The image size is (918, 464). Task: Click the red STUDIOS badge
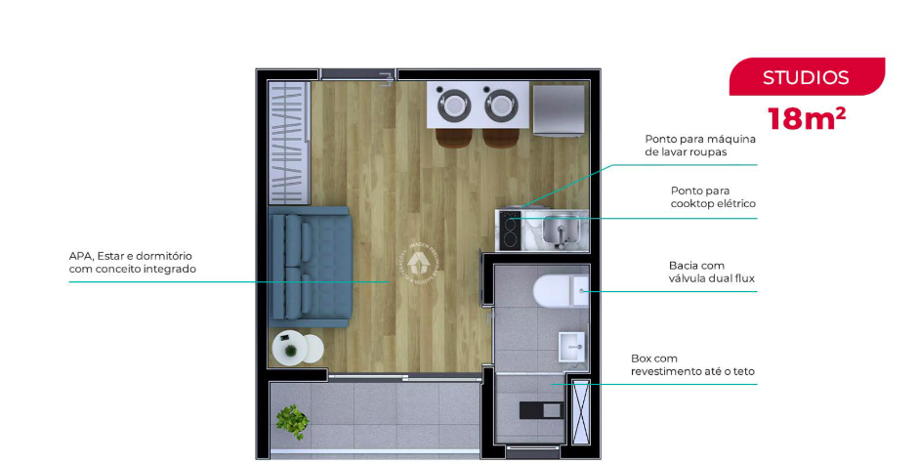(x=806, y=77)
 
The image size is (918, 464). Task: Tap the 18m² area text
(x=806, y=119)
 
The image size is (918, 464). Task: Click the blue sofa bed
(x=309, y=267)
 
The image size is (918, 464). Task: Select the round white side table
(x=297, y=348)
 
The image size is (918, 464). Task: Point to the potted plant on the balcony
(x=291, y=421)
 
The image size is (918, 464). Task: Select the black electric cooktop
(x=509, y=231)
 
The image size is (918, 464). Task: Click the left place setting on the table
(x=453, y=103)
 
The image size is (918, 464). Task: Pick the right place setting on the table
(x=502, y=103)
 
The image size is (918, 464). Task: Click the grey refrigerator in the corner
(x=560, y=108)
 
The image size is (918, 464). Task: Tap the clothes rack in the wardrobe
(x=288, y=142)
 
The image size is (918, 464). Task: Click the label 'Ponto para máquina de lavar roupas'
(x=699, y=146)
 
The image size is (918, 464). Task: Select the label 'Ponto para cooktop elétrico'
(x=713, y=197)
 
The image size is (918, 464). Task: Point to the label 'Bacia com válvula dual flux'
(x=711, y=272)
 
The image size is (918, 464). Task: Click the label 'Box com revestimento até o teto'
(x=691, y=364)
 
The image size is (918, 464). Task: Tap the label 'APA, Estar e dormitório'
(x=132, y=262)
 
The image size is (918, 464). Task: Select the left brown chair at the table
(x=453, y=136)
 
